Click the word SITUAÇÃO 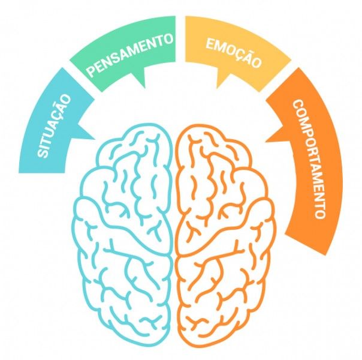pyautogui.click(x=54, y=126)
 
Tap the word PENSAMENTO pyautogui.click(x=130, y=55)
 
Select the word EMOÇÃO pyautogui.click(x=234, y=53)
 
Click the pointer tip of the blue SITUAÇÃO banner pyautogui.click(x=95, y=140)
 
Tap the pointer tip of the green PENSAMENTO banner pyautogui.click(x=145, y=88)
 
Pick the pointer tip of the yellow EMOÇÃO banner pyautogui.click(x=216, y=89)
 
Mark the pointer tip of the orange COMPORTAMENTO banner pyautogui.click(x=266, y=142)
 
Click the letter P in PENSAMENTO pyautogui.click(x=90, y=72)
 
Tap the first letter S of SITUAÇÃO pyautogui.click(x=43, y=152)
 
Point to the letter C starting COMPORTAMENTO pyautogui.click(x=298, y=105)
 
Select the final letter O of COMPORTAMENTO pyautogui.click(x=320, y=213)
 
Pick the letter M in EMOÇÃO pyautogui.click(x=219, y=47)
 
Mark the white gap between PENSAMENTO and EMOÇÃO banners pyautogui.click(x=180, y=39)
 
